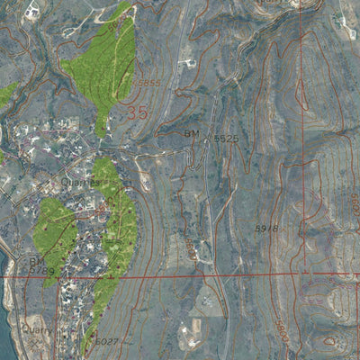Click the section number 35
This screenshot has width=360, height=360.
pyautogui.click(x=137, y=113)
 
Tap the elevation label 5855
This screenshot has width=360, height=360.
pyautogui.click(x=147, y=84)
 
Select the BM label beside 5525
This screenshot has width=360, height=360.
pyautogui.click(x=192, y=134)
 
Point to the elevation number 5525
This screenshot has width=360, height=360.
pyautogui.click(x=226, y=139)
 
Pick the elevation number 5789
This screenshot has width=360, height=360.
pyautogui.click(x=41, y=270)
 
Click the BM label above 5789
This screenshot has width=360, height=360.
pyautogui.click(x=35, y=261)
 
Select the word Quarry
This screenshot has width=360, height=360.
pyautogui.click(x=37, y=330)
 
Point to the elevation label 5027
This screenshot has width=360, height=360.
pyautogui.click(x=107, y=342)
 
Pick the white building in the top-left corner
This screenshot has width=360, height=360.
pyautogui.click(x=32, y=11)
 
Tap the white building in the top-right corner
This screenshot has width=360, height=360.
pyautogui.click(x=339, y=18)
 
